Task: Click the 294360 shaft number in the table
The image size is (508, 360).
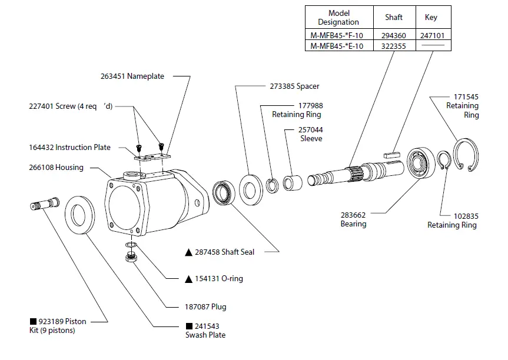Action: [394, 36]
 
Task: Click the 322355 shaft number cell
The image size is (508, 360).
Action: [394, 46]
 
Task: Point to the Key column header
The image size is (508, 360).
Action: [431, 17]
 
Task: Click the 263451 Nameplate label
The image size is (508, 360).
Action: [132, 76]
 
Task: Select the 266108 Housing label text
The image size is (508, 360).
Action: [57, 168]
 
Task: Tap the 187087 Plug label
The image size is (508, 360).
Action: [202, 306]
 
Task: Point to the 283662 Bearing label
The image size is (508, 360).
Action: [353, 219]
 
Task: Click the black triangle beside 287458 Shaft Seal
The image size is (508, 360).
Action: [188, 252]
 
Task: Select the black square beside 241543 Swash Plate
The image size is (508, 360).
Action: [188, 326]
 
